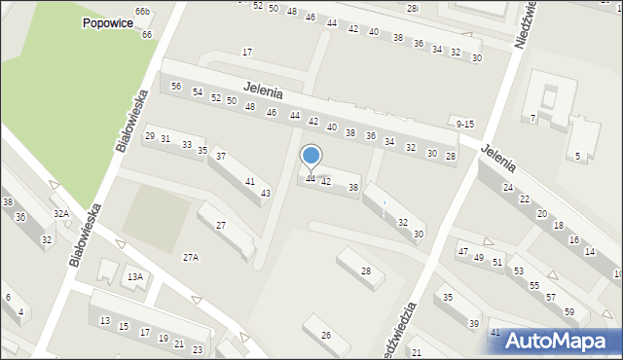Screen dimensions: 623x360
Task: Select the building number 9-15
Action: click(463, 124)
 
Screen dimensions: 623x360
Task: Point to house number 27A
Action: click(191, 257)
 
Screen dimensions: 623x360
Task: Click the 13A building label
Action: click(134, 277)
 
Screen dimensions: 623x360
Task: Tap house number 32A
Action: click(61, 214)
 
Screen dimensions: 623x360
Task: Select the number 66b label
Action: click(142, 11)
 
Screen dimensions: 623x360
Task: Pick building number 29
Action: click(149, 136)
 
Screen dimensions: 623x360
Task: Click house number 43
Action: click(265, 194)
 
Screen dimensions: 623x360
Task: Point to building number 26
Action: click(326, 336)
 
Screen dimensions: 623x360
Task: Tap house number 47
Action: click(462, 252)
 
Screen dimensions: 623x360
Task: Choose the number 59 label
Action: click(569, 312)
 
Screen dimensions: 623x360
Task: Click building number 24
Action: click(507, 187)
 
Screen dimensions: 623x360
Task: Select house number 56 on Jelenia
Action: click(176, 87)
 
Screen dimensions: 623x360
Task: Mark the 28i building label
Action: click(413, 8)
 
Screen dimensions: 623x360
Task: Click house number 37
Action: click(221, 157)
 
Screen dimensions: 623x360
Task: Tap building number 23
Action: click(198, 349)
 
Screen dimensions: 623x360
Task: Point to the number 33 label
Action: click(186, 145)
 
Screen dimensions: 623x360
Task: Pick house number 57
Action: click(551, 297)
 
